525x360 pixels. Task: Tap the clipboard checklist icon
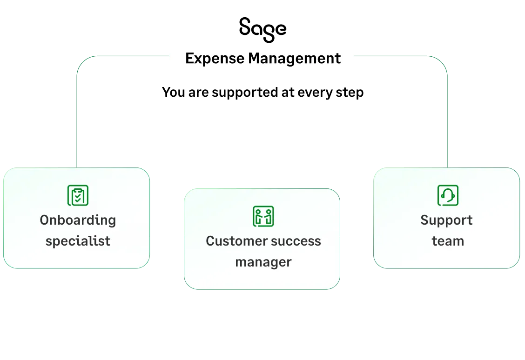(x=78, y=195)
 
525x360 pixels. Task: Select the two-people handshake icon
(x=263, y=216)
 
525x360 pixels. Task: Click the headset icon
(x=448, y=195)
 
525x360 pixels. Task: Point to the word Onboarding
(x=78, y=220)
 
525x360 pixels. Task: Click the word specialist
(x=78, y=241)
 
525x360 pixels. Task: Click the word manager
(x=263, y=262)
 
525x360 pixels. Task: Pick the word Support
(x=446, y=220)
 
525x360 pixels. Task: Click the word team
(x=448, y=241)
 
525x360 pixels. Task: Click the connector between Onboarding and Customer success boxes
(x=167, y=236)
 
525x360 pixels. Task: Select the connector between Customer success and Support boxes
(x=357, y=236)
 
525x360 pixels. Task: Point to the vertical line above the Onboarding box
(x=76, y=121)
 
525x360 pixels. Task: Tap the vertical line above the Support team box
(x=448, y=121)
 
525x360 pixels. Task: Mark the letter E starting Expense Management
(x=189, y=59)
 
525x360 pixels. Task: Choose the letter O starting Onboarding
(x=44, y=220)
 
